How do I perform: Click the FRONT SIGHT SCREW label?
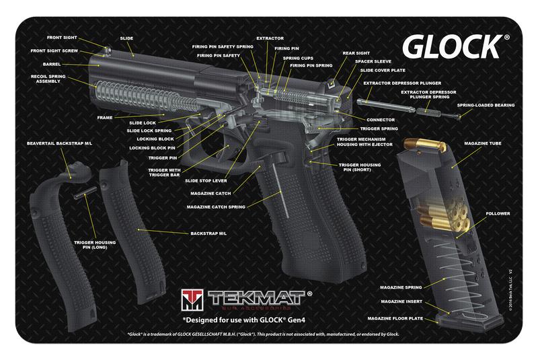tap(54, 50)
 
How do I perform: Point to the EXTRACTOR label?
tap(270, 38)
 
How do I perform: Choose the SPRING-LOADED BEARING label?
tap(486, 106)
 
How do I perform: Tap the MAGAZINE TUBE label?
tap(484, 143)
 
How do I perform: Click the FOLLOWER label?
tap(498, 213)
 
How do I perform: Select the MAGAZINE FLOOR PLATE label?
tap(395, 318)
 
